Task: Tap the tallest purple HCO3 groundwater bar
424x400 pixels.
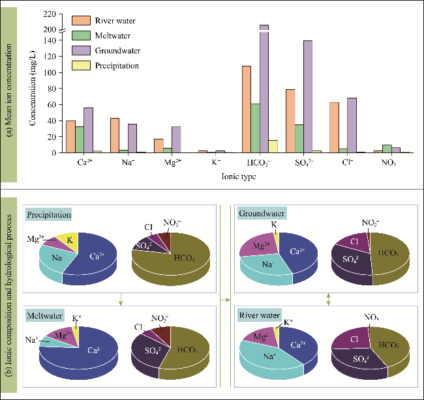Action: click(x=264, y=91)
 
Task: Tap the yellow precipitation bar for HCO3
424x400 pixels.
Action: click(x=273, y=146)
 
